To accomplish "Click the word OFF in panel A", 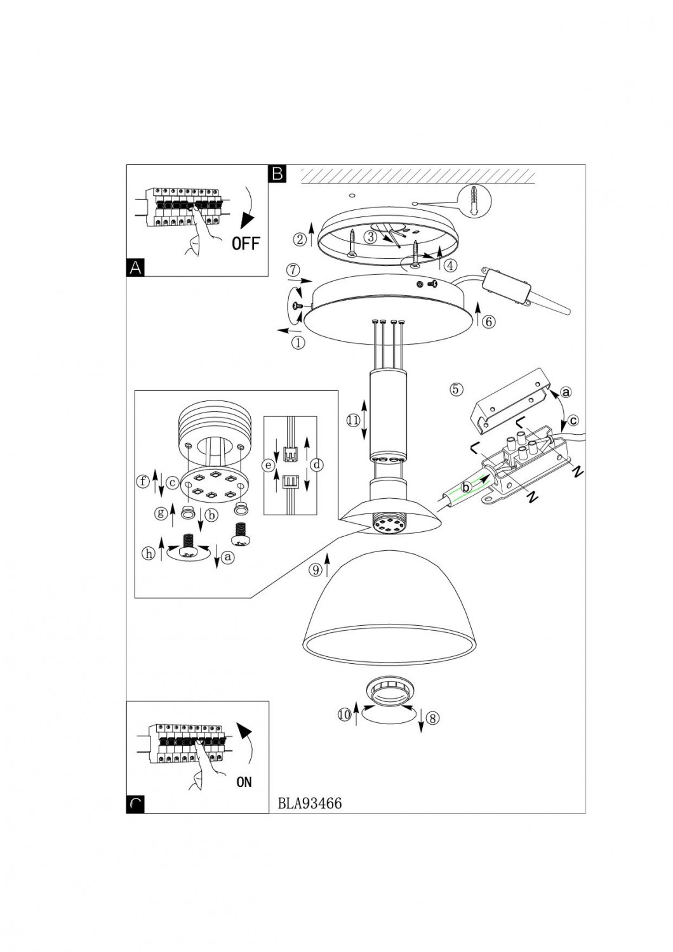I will point(246,242).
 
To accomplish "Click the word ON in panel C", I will point(244,782).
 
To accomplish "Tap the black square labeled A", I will point(135,268).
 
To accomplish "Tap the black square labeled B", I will point(277,173).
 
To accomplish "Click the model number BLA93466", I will point(310,803).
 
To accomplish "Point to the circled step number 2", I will point(300,239).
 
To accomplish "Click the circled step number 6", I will point(488,321).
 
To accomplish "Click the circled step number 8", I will point(432,718).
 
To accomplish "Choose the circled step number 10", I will point(344,714).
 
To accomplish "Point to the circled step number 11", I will point(353,420).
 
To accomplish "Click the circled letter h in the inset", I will point(149,553).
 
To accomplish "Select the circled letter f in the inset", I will point(143,481).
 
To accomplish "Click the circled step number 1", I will point(298,343).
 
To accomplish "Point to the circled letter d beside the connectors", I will point(318,465).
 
